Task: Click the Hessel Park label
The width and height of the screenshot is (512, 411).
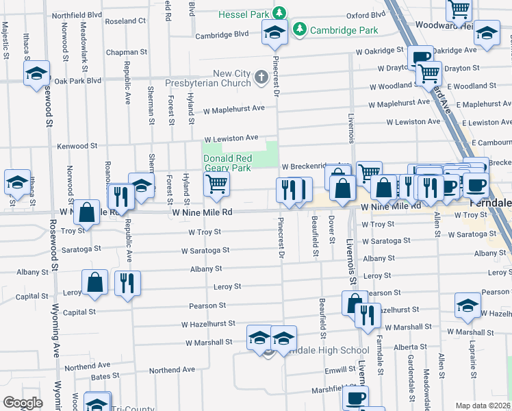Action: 244,14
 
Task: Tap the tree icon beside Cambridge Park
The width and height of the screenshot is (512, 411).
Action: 299,29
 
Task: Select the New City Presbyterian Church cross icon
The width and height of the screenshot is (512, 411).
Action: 261,78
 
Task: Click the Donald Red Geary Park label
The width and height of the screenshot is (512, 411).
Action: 228,162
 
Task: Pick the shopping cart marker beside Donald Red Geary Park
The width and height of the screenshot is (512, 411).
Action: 217,183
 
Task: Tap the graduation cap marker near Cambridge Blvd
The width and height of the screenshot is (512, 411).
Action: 275,32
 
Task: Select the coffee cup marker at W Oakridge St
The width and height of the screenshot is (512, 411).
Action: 420,57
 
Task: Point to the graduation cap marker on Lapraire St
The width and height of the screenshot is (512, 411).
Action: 468,305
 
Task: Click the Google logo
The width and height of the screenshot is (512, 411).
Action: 23,403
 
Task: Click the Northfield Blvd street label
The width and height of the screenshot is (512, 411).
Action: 77,14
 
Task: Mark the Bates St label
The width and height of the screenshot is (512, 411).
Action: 105,376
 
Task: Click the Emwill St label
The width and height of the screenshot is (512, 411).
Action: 340,370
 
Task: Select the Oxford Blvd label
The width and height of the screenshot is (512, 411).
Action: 362,14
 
